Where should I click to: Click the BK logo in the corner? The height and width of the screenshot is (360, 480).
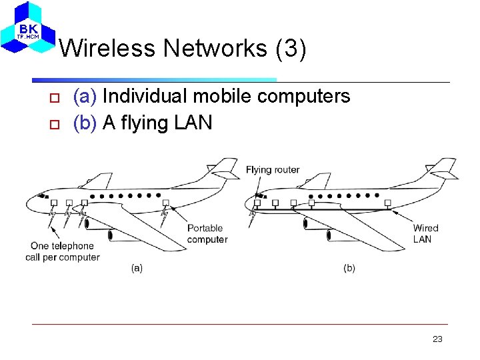(x=27, y=28)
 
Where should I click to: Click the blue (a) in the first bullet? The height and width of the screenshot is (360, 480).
(x=85, y=97)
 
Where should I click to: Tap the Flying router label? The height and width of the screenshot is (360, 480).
(x=273, y=170)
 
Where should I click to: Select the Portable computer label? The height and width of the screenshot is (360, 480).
(x=207, y=234)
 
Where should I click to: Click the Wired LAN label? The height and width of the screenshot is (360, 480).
(x=425, y=234)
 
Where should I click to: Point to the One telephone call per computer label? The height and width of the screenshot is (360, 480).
(x=62, y=251)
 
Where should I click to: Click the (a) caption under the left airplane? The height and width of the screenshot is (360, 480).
(x=137, y=268)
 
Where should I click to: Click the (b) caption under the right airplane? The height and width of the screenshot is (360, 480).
(x=349, y=268)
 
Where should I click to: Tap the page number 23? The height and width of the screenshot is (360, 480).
(x=437, y=339)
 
